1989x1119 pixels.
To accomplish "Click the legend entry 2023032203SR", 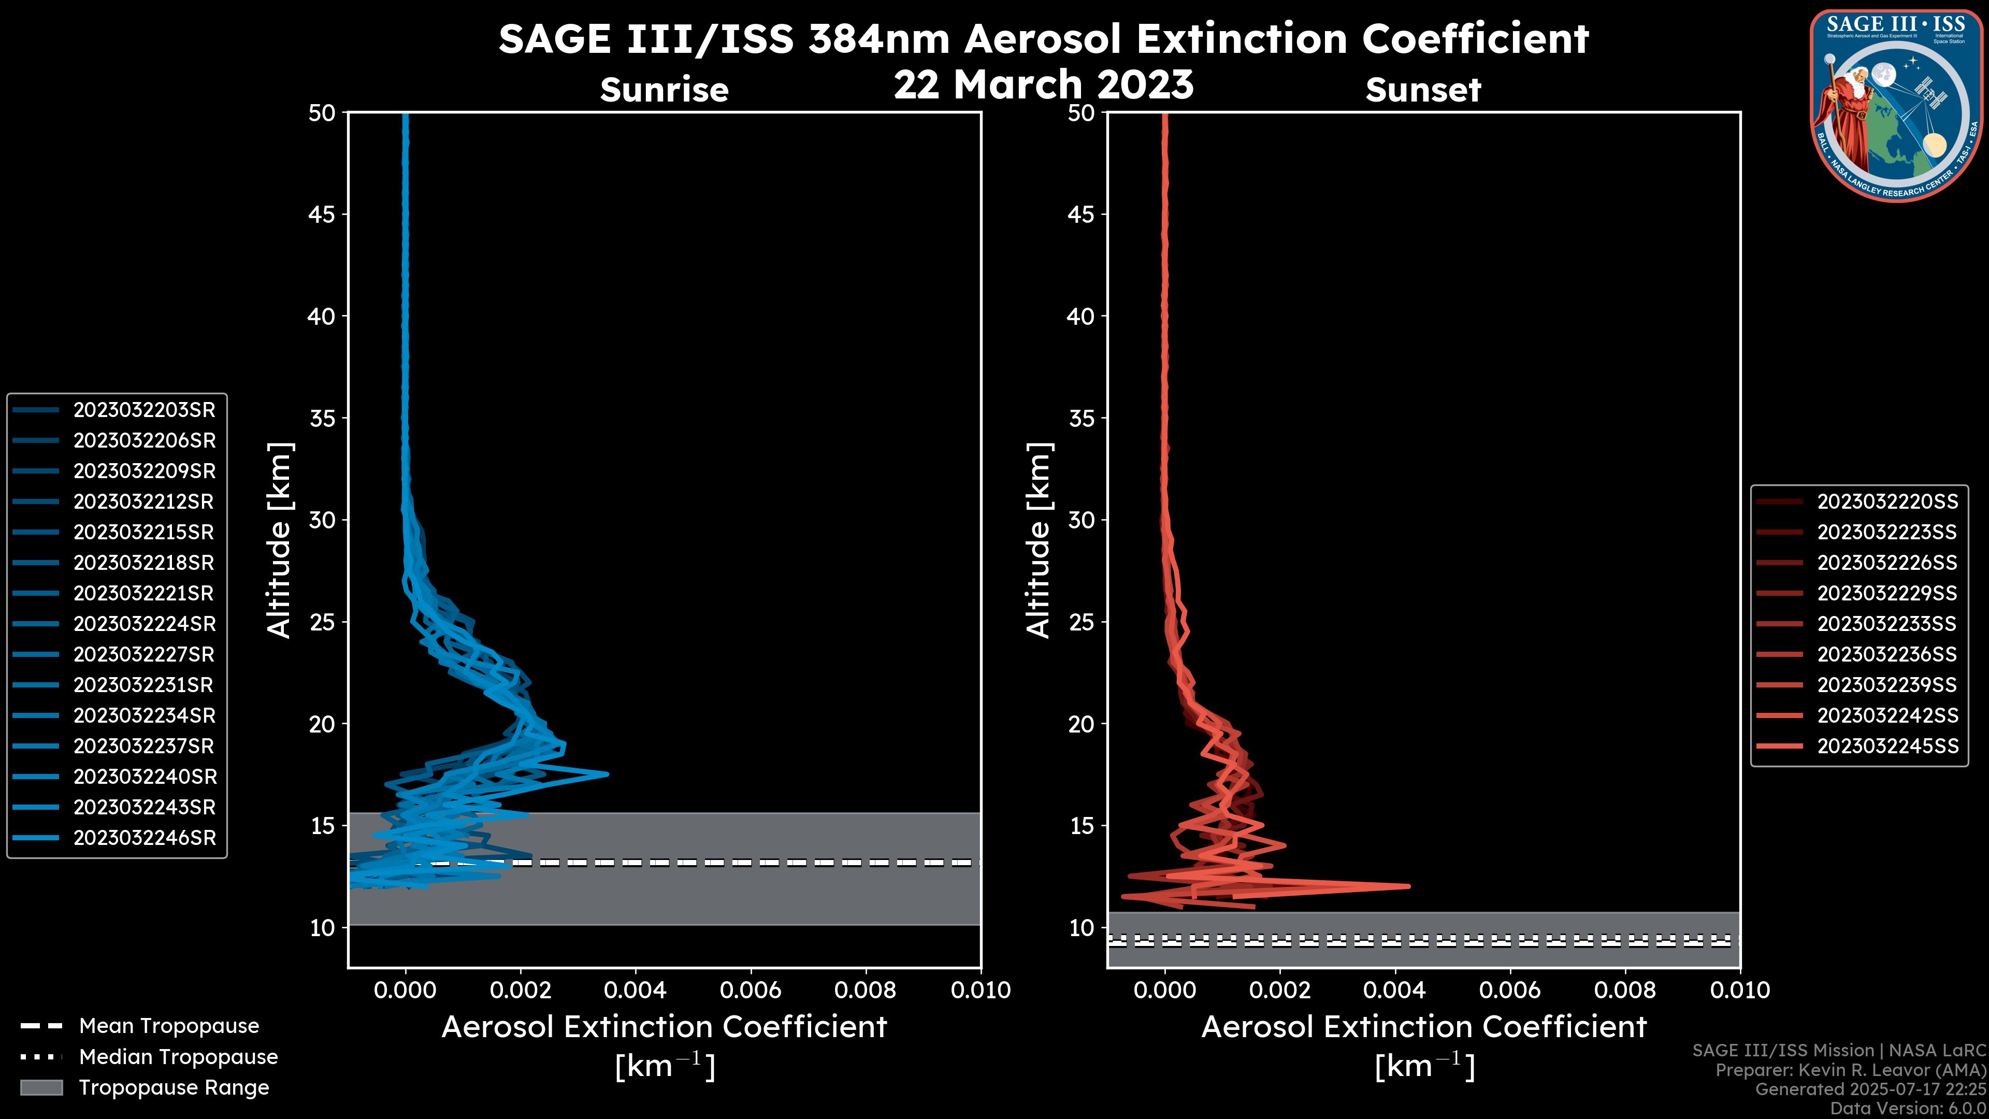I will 143,410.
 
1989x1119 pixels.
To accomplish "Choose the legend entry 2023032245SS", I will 1887,747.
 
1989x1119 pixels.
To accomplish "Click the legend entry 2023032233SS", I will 1886,624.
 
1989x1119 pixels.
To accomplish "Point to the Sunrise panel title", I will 664,90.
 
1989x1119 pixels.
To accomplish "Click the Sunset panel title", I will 1422,90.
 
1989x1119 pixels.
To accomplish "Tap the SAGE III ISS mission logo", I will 1897,105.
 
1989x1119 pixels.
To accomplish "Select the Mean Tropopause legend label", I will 169,1026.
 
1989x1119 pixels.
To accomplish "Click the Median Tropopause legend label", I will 178,1057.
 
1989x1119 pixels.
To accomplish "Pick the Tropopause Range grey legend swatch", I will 41,1088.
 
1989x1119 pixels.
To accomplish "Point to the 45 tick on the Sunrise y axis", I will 322,214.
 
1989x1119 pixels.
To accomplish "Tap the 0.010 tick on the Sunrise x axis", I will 980,990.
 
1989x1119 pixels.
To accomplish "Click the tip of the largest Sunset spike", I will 1408,886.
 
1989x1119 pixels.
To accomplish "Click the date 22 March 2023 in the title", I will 1043,85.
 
